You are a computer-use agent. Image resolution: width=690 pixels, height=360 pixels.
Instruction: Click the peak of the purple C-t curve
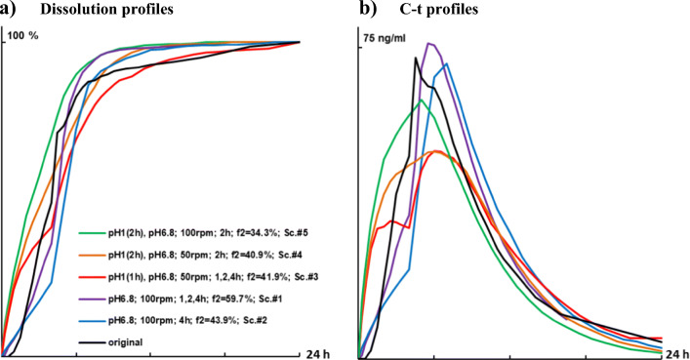[x=429, y=43]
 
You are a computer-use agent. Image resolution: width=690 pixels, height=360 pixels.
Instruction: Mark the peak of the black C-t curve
[x=416, y=58]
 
